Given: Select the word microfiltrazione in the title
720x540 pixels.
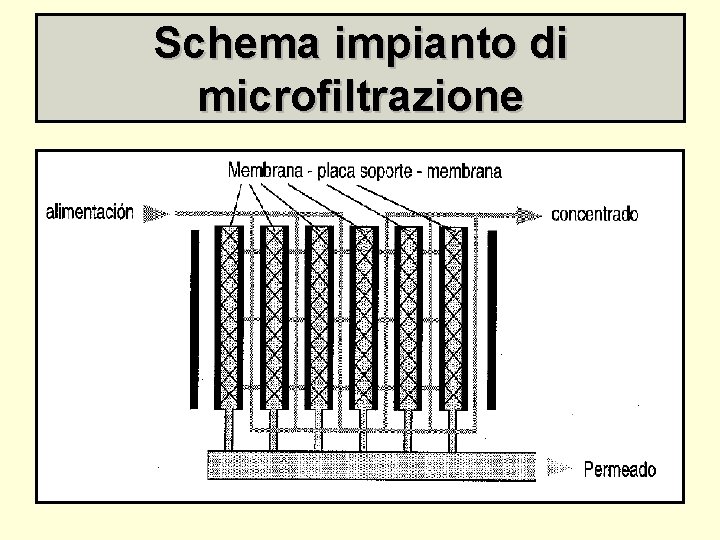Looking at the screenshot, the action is pos(360,97).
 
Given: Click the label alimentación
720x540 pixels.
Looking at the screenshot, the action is pos(90,212).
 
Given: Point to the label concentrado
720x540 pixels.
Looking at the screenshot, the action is pos(595,214).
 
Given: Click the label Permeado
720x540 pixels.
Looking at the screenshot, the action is pos(620,468).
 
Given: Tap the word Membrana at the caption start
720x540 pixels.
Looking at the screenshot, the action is pos(265,171).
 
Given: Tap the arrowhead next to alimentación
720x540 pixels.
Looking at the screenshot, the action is pos(153,213).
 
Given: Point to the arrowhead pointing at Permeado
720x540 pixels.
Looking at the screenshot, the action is pos(565,467).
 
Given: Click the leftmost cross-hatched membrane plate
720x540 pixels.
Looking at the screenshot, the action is pos(230,317).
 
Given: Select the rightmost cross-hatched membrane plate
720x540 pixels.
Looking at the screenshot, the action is pos(453,317).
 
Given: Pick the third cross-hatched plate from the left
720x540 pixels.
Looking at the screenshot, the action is pos(319,317).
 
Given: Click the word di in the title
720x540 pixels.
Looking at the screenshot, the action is pos(548,44).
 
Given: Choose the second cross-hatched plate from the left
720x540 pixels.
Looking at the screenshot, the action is pos(274,317).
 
